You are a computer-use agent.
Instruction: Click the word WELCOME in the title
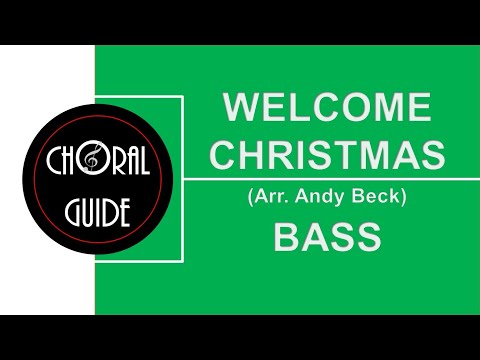[327, 107]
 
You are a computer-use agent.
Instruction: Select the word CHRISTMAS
[327, 154]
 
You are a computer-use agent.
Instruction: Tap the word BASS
[327, 238]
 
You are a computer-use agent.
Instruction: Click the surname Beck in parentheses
[374, 197]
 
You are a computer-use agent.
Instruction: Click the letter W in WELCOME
[239, 107]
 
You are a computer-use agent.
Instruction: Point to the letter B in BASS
[286, 238]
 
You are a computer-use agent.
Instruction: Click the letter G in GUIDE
[70, 211]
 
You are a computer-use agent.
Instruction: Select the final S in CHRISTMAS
[432, 154]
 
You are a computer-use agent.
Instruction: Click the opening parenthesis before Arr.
[250, 197]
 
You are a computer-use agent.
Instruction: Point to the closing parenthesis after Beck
[402, 197]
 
